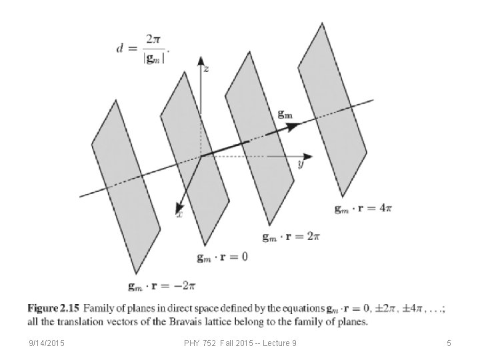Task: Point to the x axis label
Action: click(179, 214)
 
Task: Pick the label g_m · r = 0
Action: click(222, 257)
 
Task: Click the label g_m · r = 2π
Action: click(291, 237)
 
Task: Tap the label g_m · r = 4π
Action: click(363, 209)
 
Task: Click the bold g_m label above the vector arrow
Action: click(285, 115)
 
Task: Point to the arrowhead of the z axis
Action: click(200, 59)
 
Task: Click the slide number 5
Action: click(449, 343)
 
